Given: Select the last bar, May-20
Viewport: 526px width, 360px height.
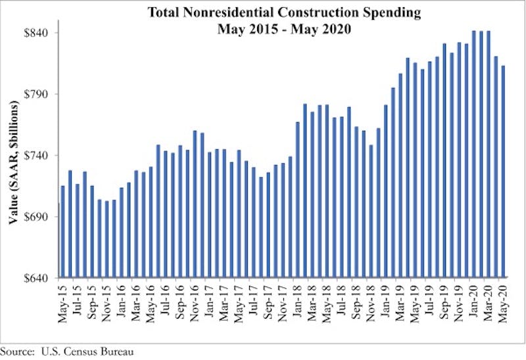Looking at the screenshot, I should pos(503,171).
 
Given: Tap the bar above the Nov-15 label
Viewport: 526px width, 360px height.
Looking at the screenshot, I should pos(107,239).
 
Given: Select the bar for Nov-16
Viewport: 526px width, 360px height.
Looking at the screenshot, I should pos(195,204).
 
